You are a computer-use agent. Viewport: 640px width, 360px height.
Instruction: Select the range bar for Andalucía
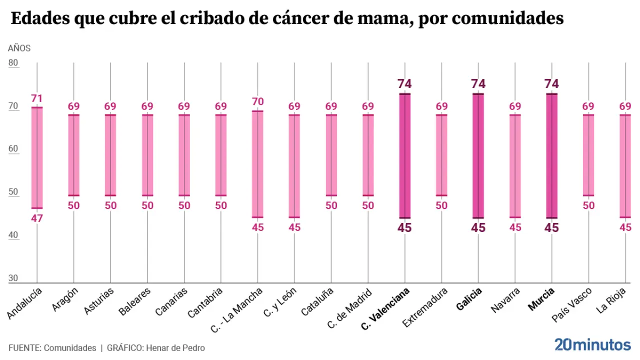(37, 157)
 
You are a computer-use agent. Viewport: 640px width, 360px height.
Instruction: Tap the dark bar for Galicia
(478, 155)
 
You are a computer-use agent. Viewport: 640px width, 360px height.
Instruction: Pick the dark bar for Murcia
(551, 155)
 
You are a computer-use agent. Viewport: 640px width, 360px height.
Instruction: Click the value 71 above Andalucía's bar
(37, 98)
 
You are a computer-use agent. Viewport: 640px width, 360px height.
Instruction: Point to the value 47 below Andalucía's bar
(37, 218)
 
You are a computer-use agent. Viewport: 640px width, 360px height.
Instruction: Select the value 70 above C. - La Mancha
(257, 101)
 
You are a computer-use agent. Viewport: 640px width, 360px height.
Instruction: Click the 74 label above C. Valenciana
(404, 84)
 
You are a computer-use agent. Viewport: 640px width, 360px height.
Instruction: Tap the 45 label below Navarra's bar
(515, 227)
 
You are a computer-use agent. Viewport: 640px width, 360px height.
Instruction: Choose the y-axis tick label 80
(13, 63)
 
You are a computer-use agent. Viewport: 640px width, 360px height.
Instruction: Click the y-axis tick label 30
(13, 278)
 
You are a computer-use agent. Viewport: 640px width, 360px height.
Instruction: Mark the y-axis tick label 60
(13, 149)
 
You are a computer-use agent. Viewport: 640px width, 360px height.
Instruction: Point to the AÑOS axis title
(19, 48)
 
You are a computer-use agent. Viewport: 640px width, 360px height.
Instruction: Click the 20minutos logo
(592, 344)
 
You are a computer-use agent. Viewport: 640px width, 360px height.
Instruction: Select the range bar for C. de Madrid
(368, 155)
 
